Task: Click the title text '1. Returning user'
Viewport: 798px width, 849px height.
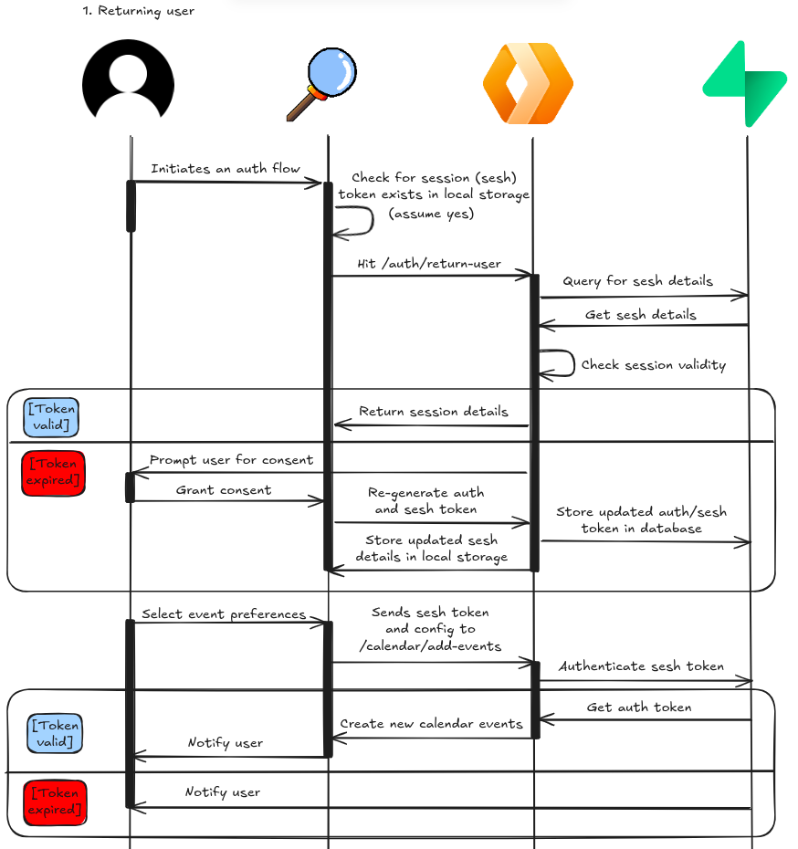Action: (x=139, y=12)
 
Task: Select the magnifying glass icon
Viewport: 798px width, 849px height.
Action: (x=320, y=85)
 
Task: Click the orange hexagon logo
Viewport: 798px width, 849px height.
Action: (x=528, y=83)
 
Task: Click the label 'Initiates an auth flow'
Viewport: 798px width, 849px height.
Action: (x=226, y=169)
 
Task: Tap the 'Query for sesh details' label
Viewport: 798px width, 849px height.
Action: (x=637, y=281)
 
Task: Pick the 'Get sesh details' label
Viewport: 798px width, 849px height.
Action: (x=641, y=315)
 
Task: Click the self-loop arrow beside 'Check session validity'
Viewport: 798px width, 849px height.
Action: (x=559, y=363)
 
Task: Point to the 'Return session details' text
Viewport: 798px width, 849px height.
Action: (x=434, y=412)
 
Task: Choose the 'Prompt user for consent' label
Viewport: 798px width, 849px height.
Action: (x=231, y=460)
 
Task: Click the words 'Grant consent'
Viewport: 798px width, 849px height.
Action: (x=224, y=490)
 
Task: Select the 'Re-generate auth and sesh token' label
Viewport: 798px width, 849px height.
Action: (x=425, y=500)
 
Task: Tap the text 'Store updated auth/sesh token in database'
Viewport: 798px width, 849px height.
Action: (x=641, y=520)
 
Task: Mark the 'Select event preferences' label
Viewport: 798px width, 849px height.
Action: (x=224, y=614)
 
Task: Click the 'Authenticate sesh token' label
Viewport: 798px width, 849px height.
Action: (x=641, y=666)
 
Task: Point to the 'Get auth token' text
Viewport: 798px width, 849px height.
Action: (x=639, y=707)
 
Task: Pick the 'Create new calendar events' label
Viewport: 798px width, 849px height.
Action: (x=431, y=724)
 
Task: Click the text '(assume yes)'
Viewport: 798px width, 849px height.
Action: (x=431, y=214)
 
